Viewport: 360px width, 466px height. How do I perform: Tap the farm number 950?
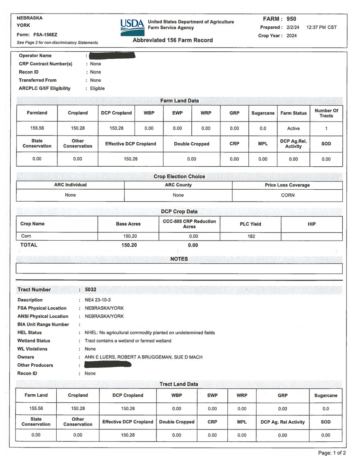291,19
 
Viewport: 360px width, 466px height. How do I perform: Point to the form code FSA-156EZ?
48,34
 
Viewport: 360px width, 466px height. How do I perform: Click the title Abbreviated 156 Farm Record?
172,40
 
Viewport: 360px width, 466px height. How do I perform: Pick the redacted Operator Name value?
112,55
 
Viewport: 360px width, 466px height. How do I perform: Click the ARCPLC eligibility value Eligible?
97,88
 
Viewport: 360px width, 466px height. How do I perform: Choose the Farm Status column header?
294,113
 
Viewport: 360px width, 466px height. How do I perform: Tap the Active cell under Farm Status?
294,129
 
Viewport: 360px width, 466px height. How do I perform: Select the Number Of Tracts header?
326,113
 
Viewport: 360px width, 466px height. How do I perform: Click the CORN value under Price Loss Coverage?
288,195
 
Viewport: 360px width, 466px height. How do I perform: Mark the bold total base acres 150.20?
129,245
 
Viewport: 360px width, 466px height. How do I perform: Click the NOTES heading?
179,259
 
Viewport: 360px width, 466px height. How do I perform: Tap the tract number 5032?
90,289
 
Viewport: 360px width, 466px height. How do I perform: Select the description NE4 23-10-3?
98,300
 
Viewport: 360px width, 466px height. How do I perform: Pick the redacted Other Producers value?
108,365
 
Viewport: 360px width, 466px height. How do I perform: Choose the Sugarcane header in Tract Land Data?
326,395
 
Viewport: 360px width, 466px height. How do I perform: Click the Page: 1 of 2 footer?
332,453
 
